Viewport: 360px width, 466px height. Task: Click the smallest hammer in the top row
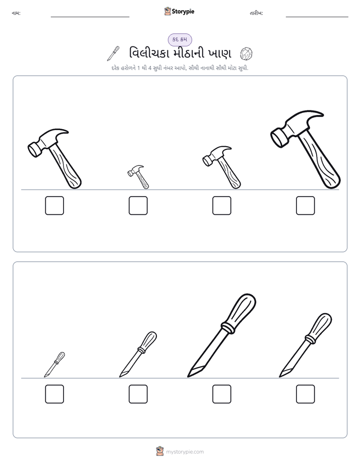(139, 177)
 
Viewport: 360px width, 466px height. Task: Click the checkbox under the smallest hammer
(138, 205)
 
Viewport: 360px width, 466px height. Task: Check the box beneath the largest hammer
(306, 205)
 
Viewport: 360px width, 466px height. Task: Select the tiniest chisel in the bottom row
(54, 364)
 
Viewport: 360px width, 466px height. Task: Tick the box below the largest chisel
(222, 394)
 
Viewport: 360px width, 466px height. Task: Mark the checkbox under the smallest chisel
(54, 394)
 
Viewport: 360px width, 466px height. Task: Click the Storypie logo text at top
(183, 11)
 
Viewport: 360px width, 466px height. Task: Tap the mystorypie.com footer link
(185, 452)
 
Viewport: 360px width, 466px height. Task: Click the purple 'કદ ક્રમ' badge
(179, 39)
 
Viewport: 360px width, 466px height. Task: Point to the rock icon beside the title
(246, 54)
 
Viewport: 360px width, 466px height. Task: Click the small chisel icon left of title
(113, 53)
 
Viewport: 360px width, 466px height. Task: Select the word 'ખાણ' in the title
(220, 54)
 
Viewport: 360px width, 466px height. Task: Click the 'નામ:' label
(16, 13)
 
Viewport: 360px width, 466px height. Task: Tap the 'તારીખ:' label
(256, 13)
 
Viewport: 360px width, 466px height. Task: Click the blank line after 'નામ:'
(90, 17)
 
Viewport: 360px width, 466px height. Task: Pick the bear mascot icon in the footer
(160, 451)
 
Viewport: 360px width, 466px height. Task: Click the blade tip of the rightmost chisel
(280, 377)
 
